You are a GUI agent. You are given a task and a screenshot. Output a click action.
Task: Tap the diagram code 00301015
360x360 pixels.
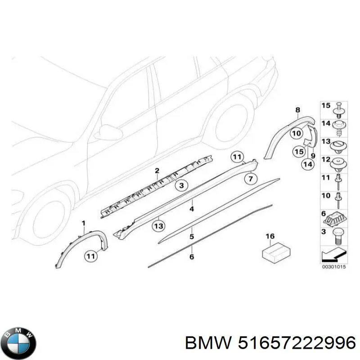(x=333, y=266)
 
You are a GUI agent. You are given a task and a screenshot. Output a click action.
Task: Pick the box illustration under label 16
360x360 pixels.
(x=275, y=252)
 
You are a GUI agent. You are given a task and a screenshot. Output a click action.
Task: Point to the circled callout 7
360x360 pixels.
(x=251, y=179)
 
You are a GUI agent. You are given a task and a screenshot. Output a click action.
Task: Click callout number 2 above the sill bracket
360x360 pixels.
(x=157, y=170)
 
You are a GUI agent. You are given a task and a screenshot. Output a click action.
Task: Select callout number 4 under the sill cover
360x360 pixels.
(x=192, y=209)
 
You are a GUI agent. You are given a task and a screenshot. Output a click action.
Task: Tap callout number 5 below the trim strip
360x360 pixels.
(x=192, y=236)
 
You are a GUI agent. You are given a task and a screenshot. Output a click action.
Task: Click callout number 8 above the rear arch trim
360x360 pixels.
(x=297, y=109)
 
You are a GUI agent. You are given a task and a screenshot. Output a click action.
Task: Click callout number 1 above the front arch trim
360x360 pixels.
(x=83, y=223)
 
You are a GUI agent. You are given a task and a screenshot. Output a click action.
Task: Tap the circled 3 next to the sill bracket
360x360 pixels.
(x=181, y=185)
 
